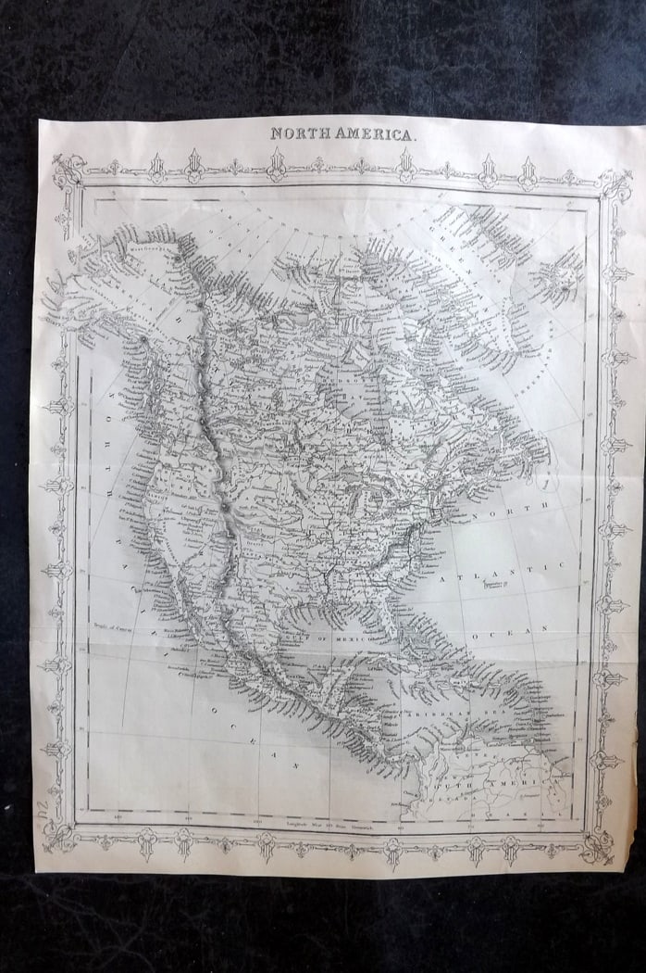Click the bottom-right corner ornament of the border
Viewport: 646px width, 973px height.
595,844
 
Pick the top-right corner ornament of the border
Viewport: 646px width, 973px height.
613,183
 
